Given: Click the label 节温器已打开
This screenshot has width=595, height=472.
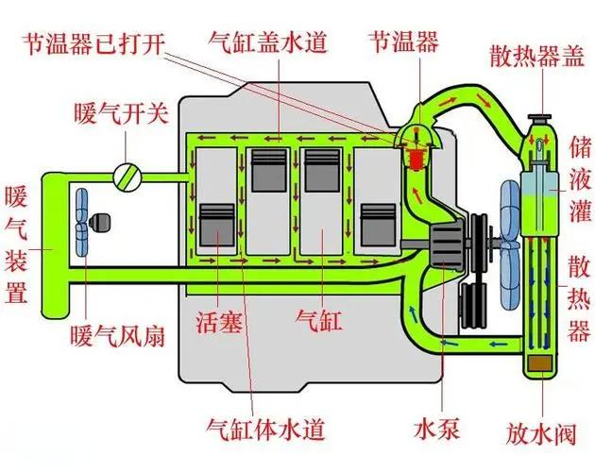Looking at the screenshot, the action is click(93, 43).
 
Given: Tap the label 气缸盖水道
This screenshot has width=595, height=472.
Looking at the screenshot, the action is click(268, 42).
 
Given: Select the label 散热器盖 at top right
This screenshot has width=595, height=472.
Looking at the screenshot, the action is click(537, 56).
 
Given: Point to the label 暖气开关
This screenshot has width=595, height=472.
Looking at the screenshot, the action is click(121, 113).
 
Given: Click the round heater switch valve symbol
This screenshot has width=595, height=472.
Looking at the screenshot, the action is click(127, 177).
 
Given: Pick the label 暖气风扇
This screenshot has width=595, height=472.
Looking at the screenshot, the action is click(118, 335).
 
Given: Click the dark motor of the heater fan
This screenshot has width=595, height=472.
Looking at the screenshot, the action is click(100, 222).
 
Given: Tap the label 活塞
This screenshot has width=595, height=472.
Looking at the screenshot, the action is click(219, 321).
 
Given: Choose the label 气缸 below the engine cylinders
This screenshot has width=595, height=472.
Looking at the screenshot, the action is click(319, 321).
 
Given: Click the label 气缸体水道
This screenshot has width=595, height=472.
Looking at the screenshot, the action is click(265, 430).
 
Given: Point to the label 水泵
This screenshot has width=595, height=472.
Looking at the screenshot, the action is click(436, 429).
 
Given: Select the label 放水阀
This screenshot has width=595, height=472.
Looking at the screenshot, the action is click(541, 433).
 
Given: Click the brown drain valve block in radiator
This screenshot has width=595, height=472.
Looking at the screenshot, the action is click(540, 364).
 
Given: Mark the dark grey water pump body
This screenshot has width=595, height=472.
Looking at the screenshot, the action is click(446, 244).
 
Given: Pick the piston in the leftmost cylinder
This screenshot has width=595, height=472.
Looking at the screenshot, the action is click(217, 225).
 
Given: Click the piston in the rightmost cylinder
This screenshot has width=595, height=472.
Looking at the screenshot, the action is click(378, 225).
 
